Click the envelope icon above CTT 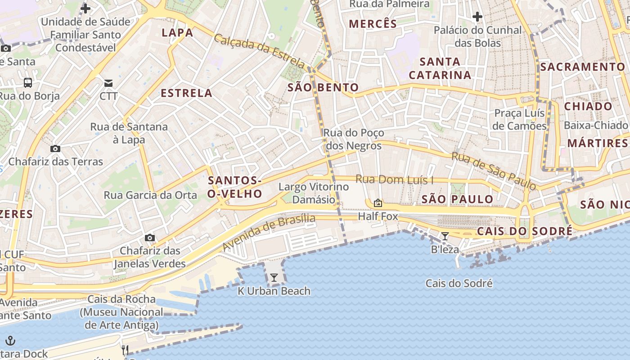coord(108,83)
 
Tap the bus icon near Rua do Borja coord(28,82)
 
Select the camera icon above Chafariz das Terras coord(55,148)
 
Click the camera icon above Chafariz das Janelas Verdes coord(150,238)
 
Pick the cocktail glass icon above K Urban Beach coord(274,277)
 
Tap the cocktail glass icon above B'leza coord(445,236)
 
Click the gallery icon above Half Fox coord(378,203)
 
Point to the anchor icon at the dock coord(10,340)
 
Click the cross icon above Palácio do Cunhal coord(477,17)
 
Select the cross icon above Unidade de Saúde coord(85,8)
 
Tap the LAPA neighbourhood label coord(177,32)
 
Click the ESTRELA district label coord(186,93)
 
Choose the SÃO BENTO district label coord(323,87)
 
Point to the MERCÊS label coord(373,24)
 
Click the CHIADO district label coord(588,106)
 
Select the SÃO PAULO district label coord(457,199)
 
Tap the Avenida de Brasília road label coord(269,233)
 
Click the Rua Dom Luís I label coord(394,180)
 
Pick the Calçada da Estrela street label coord(259,51)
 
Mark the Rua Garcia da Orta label coord(150,195)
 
